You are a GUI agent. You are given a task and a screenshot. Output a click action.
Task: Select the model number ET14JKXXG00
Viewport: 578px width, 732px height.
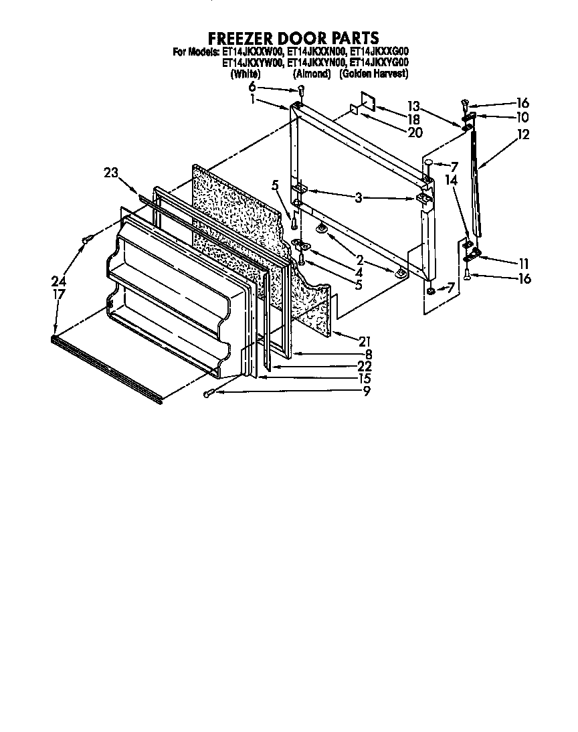[380, 51]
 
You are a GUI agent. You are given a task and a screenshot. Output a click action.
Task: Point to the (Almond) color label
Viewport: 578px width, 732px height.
[312, 74]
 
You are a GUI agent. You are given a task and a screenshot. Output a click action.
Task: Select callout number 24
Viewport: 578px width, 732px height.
[59, 281]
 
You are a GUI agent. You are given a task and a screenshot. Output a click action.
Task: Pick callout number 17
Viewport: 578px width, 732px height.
[59, 294]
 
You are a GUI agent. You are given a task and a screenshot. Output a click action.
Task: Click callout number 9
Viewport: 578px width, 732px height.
[367, 391]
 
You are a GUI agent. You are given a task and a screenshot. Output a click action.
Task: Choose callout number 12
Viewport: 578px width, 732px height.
[522, 134]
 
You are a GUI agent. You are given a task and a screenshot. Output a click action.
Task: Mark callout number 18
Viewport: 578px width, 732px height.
[413, 119]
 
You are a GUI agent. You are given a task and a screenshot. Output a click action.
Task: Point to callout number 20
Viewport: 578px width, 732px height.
[415, 132]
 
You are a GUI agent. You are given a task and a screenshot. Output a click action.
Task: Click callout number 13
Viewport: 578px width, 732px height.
[413, 106]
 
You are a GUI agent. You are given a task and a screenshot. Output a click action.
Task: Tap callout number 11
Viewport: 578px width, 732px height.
[522, 263]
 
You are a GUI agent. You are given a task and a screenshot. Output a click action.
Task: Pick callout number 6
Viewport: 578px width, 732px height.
[252, 87]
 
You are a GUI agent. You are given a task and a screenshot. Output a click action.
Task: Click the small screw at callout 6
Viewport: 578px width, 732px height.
[300, 90]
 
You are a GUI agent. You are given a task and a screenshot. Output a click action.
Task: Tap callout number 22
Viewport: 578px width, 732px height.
[365, 367]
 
